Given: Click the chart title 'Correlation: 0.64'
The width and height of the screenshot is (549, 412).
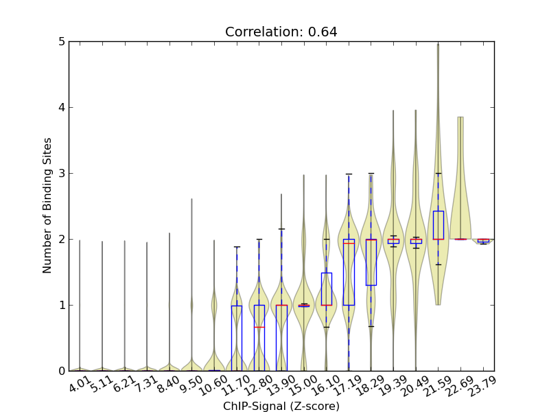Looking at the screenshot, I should tap(281, 32).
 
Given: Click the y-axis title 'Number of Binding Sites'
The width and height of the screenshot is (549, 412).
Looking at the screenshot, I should tap(47, 206).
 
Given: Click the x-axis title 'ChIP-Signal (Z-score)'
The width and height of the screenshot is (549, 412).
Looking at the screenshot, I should tap(281, 406).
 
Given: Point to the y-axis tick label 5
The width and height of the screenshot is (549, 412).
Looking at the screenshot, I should tap(62, 42).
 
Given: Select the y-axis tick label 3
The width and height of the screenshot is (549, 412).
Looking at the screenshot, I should tap(62, 173).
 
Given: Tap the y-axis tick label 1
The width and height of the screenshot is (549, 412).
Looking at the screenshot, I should tap(62, 305).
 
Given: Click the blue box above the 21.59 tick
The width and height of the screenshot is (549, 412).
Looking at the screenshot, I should tap(438, 225).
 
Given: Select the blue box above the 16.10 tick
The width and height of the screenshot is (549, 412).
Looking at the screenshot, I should tap(327, 288).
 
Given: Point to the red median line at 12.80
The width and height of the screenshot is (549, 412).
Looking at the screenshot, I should tap(259, 327).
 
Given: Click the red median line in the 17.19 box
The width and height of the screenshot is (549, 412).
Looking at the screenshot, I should tap(349, 243).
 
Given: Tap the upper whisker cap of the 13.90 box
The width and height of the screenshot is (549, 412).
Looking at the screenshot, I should tap(281, 229).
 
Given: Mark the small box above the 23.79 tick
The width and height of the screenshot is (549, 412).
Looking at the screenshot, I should tap(483, 240).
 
